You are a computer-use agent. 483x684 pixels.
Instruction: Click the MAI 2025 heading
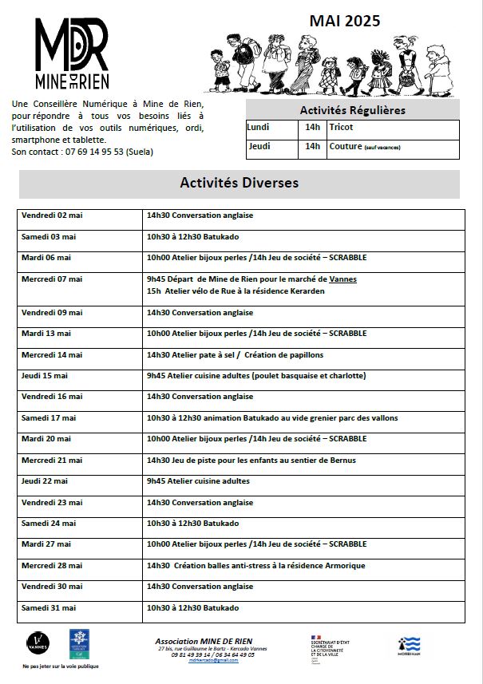[345, 22]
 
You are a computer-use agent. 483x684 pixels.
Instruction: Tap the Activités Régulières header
[352, 110]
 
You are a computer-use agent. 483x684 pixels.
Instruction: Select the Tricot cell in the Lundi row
[341, 128]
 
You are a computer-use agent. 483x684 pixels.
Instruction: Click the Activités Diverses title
[240, 183]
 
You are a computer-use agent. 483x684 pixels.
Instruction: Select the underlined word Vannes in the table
[343, 279]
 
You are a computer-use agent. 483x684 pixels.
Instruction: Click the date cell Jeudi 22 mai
[45, 481]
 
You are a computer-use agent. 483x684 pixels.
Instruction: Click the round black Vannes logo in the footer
[37, 642]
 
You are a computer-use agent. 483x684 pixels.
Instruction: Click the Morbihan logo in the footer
[409, 645]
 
